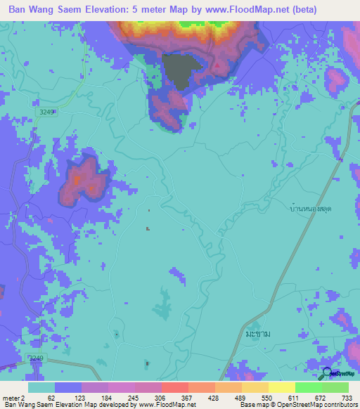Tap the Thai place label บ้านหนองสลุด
coord(311,209)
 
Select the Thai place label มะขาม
coord(258,333)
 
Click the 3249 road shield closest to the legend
coord(36,358)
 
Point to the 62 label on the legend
coord(52,398)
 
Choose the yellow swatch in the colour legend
coord(281,387)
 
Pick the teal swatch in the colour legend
coord(41,387)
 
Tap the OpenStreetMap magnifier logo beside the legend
coord(328,375)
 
